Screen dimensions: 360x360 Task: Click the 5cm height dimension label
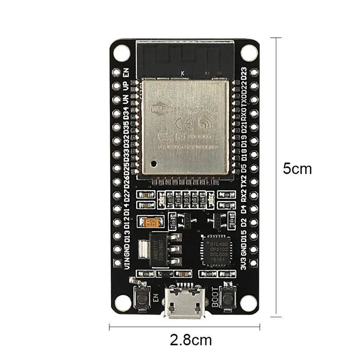click(297, 169)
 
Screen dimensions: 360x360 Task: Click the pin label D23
click(244, 73)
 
